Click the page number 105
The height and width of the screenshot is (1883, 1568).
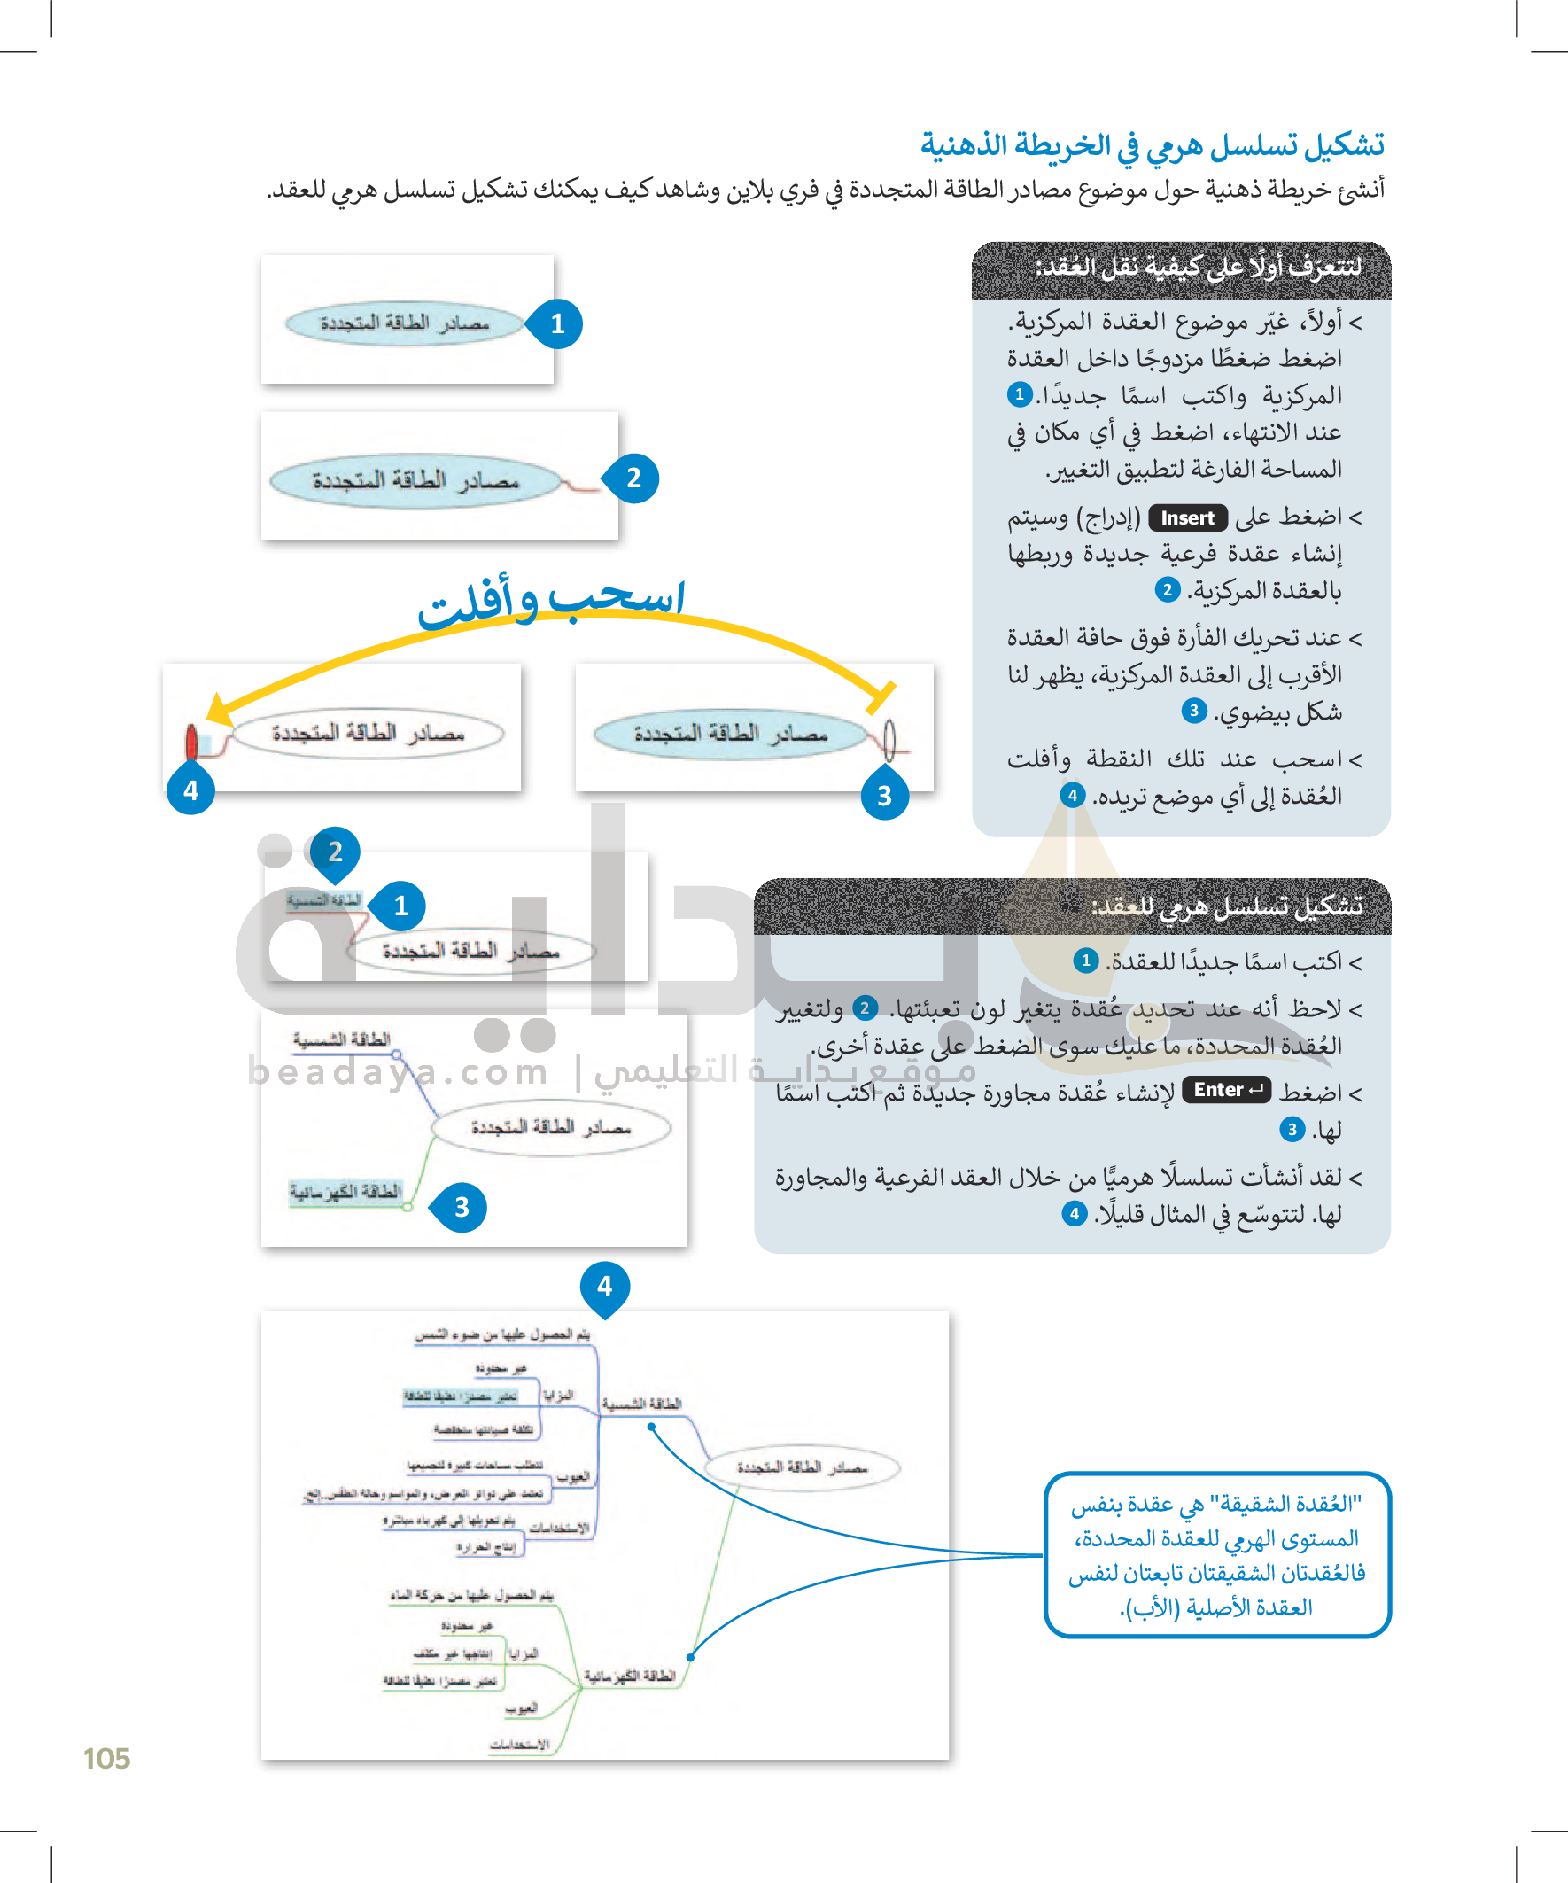point(106,1758)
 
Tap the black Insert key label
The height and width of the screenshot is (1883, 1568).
point(1187,517)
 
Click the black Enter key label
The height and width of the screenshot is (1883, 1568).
point(1225,1089)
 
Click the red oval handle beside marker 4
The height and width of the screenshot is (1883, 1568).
point(191,742)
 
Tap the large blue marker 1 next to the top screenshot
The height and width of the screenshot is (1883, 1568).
point(556,323)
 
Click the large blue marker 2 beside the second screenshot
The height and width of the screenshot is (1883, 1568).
point(633,478)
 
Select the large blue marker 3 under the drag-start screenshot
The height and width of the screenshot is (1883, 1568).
point(884,796)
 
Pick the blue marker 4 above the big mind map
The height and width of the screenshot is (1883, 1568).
point(605,1287)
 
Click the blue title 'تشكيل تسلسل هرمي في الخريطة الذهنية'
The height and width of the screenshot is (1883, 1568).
point(1152,144)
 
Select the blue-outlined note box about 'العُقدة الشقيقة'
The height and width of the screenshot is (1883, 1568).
point(1216,1556)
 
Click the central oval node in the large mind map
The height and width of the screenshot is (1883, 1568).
point(803,1467)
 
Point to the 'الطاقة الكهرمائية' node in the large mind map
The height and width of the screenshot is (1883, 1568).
point(630,1675)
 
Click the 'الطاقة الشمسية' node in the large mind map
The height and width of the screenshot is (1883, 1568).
point(642,1404)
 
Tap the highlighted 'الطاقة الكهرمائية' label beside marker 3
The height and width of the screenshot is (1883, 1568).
point(345,1191)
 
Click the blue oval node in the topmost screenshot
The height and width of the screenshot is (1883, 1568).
point(404,323)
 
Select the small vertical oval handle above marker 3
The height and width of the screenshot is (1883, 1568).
point(889,738)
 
